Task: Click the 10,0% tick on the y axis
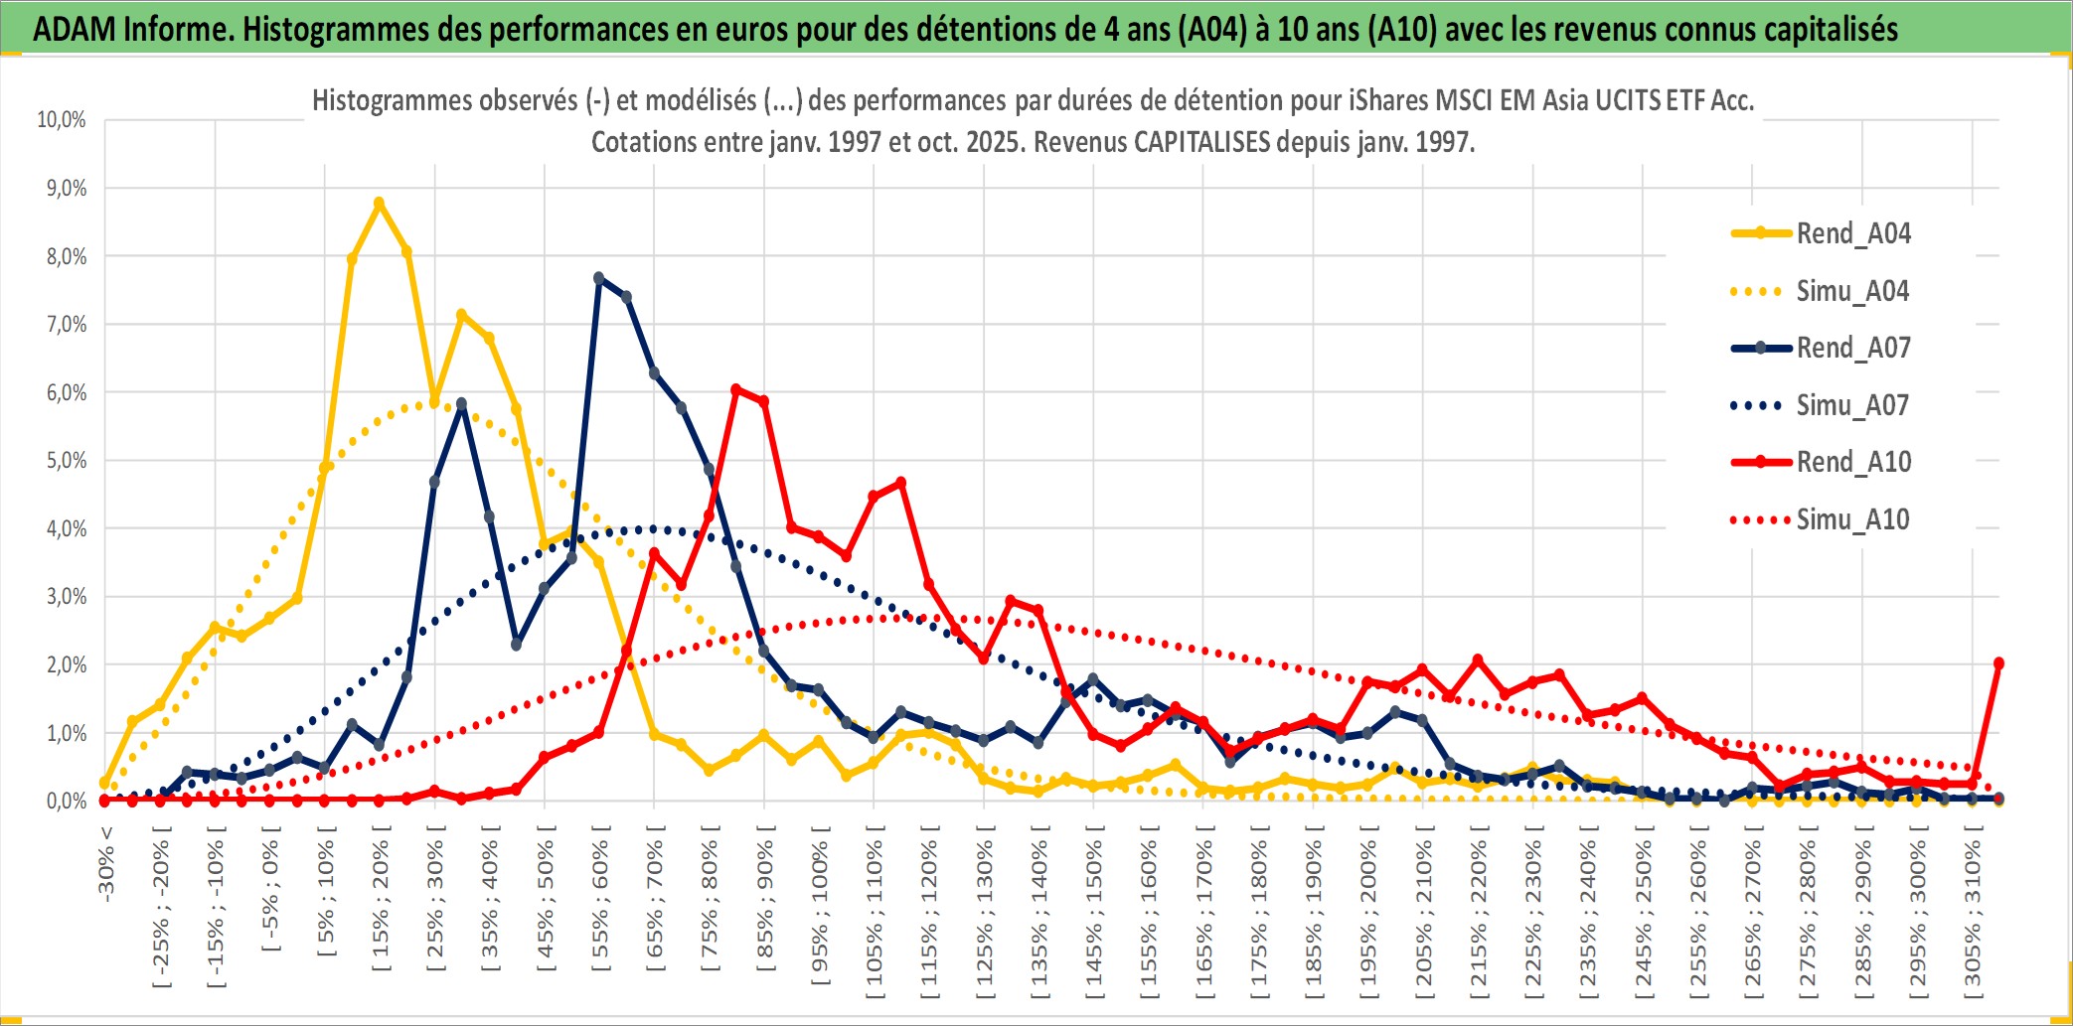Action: [62, 120]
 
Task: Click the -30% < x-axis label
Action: [106, 863]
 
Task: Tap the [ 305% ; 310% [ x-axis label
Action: [1973, 915]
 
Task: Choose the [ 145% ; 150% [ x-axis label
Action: [1094, 915]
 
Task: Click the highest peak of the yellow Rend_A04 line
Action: [379, 203]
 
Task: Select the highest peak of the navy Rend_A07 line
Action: [598, 278]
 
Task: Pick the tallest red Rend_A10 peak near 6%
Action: [735, 389]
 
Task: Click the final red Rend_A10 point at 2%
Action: [1998, 663]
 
